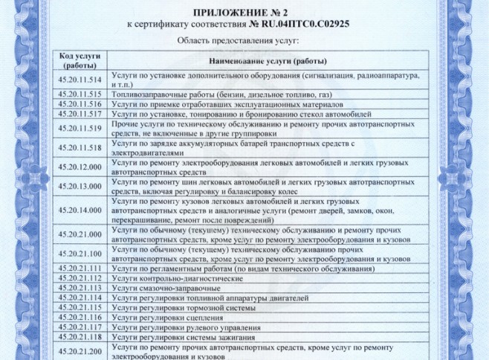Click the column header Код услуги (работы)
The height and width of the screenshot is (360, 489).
point(78,60)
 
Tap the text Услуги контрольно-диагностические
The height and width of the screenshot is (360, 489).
point(177,277)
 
